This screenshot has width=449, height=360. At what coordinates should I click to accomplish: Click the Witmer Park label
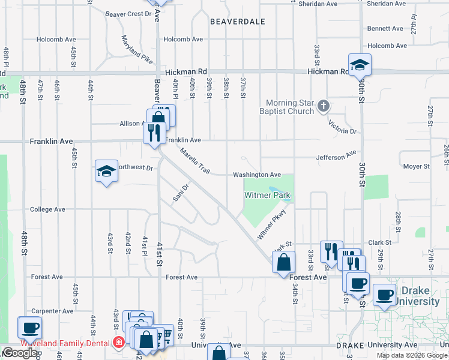coord(267,195)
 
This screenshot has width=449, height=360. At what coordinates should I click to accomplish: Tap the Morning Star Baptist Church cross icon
coord(324,107)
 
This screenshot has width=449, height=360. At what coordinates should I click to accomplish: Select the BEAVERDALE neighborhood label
coord(238,22)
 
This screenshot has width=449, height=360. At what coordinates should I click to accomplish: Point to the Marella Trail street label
coord(194,162)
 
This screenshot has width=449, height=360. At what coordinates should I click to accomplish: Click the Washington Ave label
coord(257,175)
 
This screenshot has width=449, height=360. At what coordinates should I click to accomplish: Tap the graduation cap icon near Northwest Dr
coord(106,172)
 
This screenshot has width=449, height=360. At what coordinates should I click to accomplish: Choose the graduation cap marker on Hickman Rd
coord(360,64)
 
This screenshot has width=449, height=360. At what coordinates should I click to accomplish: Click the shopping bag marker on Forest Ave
coord(283,262)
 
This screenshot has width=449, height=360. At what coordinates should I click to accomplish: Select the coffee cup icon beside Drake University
coord(385,295)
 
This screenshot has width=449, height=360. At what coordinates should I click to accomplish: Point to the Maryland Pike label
coord(137,50)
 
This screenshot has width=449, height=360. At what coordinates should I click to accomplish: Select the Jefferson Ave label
coord(337,157)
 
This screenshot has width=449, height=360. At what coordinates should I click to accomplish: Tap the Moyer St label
coord(416,166)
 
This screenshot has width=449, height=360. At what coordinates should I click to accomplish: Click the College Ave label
coord(48,209)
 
